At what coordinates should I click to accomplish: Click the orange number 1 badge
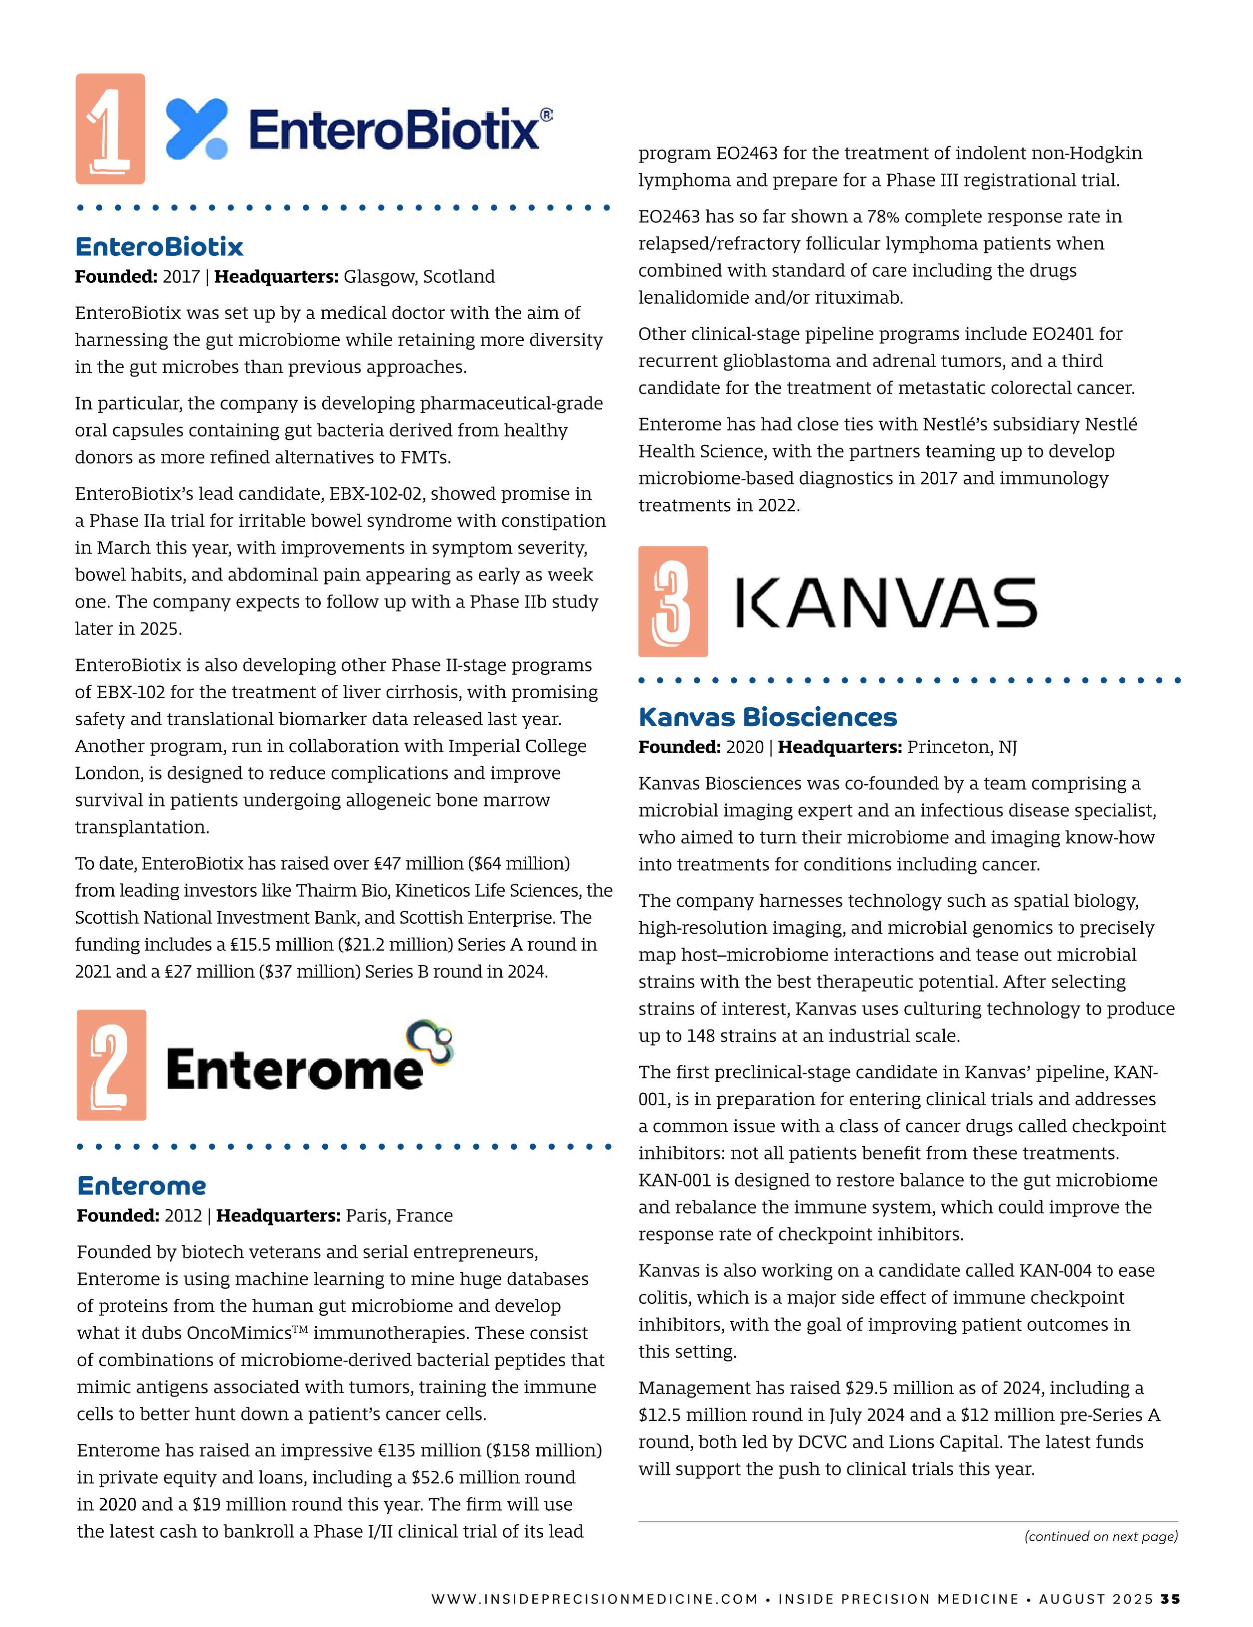click(x=110, y=128)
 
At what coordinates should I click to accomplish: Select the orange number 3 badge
click(x=673, y=601)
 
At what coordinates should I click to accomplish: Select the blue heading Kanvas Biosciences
click(x=767, y=717)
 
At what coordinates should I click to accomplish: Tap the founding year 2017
click(x=181, y=277)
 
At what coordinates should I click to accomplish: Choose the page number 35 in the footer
click(x=1170, y=1599)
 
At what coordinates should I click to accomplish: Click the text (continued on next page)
click(x=1101, y=1536)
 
